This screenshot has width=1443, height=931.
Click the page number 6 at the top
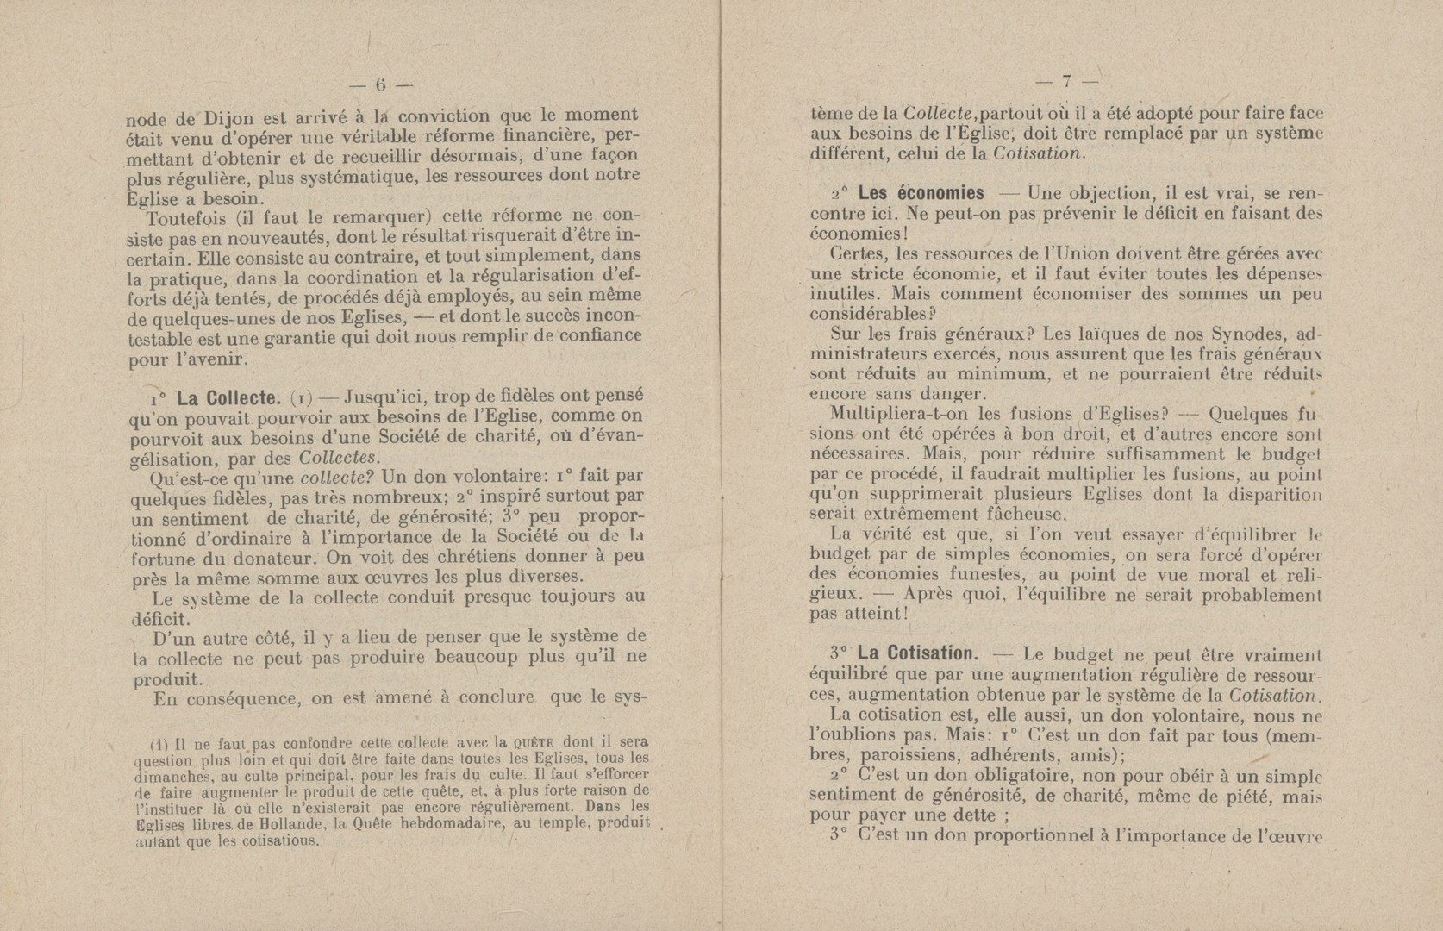(x=379, y=84)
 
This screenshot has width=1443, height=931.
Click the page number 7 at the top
(x=1066, y=83)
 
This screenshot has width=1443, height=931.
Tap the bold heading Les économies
(x=921, y=193)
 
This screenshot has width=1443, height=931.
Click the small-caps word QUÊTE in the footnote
(x=536, y=741)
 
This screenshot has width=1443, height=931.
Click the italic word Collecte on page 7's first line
(x=937, y=112)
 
